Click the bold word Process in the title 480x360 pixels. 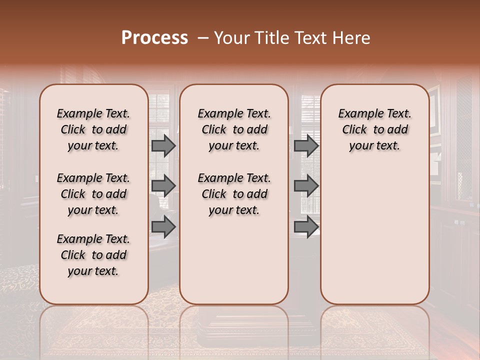coord(154,38)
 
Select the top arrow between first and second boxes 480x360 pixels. coord(163,145)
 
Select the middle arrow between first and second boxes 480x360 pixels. coord(163,186)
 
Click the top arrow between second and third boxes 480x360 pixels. coord(306,145)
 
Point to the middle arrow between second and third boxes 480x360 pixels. coord(306,186)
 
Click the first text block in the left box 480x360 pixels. coord(93,129)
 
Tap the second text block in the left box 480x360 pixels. coord(93,194)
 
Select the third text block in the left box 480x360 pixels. coord(93,255)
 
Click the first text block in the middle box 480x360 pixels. coord(234,129)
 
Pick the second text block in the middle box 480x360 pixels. coord(234,194)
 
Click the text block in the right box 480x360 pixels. coord(374,129)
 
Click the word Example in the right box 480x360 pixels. coord(357,114)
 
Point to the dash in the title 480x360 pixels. coord(203,38)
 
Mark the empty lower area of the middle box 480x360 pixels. coord(234,260)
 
